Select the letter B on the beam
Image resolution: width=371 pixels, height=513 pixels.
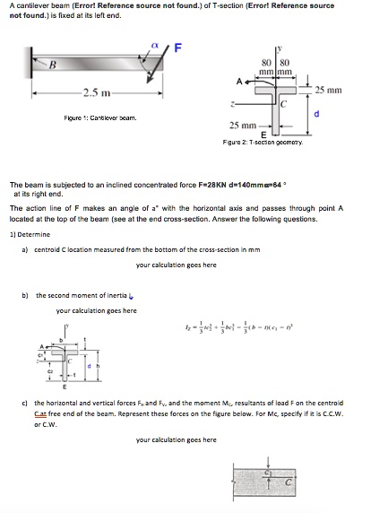tap(52, 65)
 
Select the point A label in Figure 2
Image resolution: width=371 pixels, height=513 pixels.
tap(238, 79)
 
